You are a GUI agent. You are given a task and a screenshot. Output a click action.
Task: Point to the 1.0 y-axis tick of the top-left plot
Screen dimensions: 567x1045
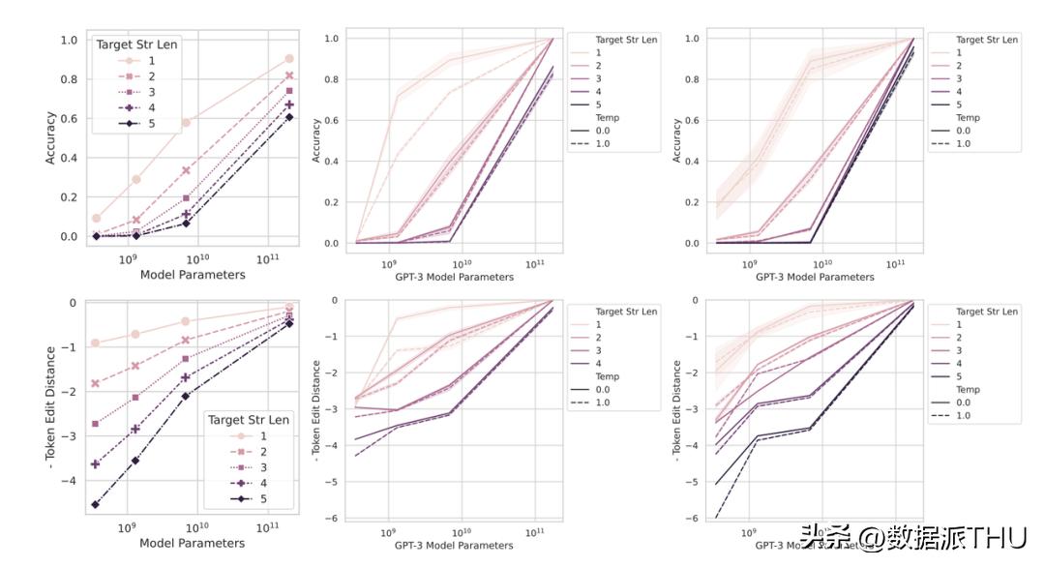pos(69,41)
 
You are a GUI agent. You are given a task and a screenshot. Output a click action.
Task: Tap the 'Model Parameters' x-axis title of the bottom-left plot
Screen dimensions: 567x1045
pos(193,543)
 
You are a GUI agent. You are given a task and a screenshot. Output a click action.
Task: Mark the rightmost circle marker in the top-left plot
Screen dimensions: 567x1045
pos(289,59)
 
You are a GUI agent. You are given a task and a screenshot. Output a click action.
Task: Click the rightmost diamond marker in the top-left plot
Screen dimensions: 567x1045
pos(289,117)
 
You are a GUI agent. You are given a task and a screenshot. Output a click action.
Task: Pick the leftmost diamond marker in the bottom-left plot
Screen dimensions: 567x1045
pos(96,504)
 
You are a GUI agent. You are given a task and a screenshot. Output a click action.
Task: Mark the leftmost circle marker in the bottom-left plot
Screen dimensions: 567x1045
pos(96,343)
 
